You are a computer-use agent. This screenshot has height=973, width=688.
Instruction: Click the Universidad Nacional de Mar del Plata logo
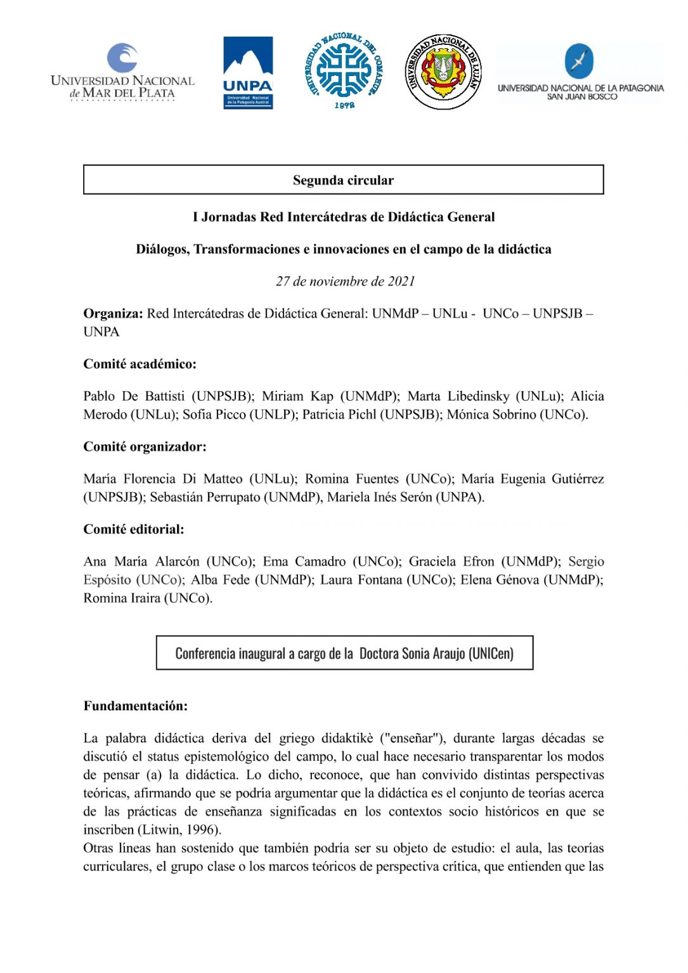[x=122, y=72]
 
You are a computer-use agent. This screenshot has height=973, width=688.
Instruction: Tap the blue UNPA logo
[x=248, y=72]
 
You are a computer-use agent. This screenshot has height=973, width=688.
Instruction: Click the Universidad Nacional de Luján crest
[x=443, y=71]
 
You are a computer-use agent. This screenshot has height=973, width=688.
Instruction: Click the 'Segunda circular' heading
[x=343, y=180]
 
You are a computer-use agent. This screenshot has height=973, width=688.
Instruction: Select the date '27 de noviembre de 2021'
[x=345, y=281]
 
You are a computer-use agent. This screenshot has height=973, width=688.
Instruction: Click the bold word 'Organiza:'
[x=113, y=314]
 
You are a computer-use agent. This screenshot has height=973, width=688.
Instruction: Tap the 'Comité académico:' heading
[x=140, y=364]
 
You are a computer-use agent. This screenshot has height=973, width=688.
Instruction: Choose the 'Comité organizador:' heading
[x=145, y=447]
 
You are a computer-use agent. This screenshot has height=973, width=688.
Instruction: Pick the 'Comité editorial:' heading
[x=134, y=530]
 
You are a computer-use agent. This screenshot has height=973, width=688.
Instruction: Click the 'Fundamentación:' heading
[x=135, y=706]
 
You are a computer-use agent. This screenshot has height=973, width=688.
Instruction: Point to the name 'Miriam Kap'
[x=297, y=397]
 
